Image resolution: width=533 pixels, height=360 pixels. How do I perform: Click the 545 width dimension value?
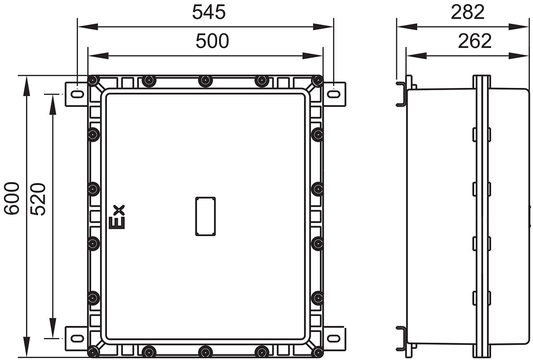tap(209, 12)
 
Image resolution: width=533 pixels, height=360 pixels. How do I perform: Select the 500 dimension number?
tap(212, 41)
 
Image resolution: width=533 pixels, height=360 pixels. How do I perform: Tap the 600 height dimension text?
tap(12, 198)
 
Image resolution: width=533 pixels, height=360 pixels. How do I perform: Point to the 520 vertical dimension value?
tap(39, 199)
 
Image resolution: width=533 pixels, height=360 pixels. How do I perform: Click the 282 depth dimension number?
tap(467, 12)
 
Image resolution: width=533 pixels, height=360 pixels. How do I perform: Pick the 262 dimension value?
tap(475, 41)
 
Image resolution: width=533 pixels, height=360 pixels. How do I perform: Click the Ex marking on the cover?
tap(118, 217)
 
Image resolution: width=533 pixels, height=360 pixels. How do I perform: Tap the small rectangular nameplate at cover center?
tap(205, 216)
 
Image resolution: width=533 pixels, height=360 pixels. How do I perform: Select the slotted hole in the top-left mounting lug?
tap(77, 94)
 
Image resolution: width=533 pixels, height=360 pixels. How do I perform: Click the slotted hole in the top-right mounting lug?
tap(334, 94)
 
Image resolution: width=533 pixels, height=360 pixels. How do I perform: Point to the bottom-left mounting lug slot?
tap(77, 338)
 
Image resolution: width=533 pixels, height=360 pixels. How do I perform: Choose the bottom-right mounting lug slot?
tap(334, 338)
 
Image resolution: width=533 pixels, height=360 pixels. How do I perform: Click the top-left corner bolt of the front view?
tap(93, 81)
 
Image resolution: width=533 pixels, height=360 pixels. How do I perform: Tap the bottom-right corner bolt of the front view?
tap(317, 352)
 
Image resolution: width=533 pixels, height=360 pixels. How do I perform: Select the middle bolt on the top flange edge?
tap(205, 81)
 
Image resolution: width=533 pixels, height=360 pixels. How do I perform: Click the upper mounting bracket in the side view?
tap(401, 94)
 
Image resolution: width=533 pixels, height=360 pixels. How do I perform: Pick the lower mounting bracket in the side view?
tap(401, 338)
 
